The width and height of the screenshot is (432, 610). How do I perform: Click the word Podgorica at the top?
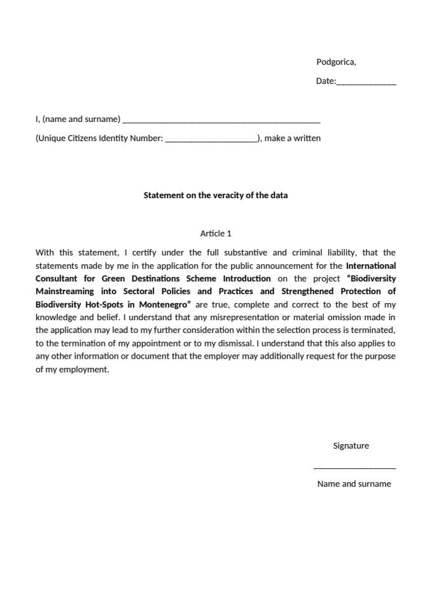pyautogui.click(x=335, y=62)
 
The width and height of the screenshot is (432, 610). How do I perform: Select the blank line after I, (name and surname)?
pyautogui.click(x=221, y=120)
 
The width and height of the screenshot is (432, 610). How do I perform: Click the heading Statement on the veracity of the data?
pyautogui.click(x=215, y=195)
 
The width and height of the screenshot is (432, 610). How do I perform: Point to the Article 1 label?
pyautogui.click(x=216, y=233)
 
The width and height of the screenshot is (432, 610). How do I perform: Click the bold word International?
pyautogui.click(x=371, y=266)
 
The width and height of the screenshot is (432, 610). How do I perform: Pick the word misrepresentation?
pyautogui.click(x=258, y=317)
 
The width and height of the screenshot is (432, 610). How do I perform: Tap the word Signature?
pyautogui.click(x=351, y=445)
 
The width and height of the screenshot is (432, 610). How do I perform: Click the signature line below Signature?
pyautogui.click(x=354, y=468)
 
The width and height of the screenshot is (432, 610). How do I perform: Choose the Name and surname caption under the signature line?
pyautogui.click(x=354, y=484)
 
